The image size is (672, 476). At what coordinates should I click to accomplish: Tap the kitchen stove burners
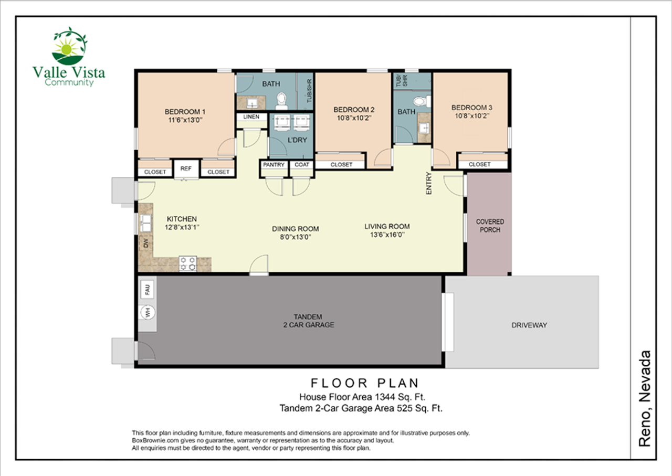[x=188, y=263]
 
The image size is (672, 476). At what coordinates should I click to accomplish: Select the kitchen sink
[x=145, y=224]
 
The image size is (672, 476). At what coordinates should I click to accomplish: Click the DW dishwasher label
[x=145, y=243]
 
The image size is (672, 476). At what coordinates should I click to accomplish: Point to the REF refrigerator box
[x=186, y=168]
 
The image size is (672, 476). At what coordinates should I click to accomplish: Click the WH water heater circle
[x=148, y=313]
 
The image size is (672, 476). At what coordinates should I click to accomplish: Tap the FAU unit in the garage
[x=148, y=288]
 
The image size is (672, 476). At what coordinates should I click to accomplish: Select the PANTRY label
[x=274, y=165]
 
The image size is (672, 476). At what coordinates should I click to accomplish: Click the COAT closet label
[x=301, y=165]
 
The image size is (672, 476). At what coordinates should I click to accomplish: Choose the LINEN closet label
[x=251, y=117]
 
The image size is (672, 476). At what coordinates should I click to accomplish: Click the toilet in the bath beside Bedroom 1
[x=281, y=98]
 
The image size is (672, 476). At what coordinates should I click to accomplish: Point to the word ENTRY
[x=428, y=184]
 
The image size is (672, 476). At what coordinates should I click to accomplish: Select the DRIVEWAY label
[x=529, y=325]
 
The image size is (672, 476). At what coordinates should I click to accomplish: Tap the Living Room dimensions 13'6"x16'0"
[x=387, y=235]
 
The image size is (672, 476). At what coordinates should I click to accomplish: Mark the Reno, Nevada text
[x=645, y=399]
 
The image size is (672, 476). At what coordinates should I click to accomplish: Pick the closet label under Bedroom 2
[x=341, y=165]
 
